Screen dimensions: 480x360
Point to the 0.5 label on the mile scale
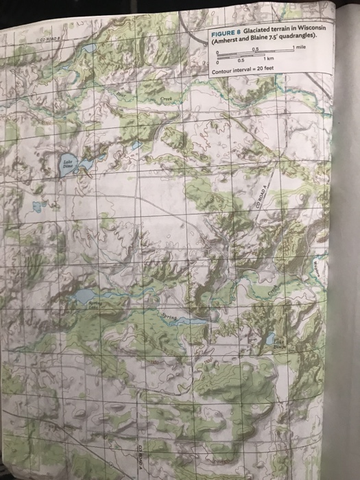(x=254, y=48)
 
